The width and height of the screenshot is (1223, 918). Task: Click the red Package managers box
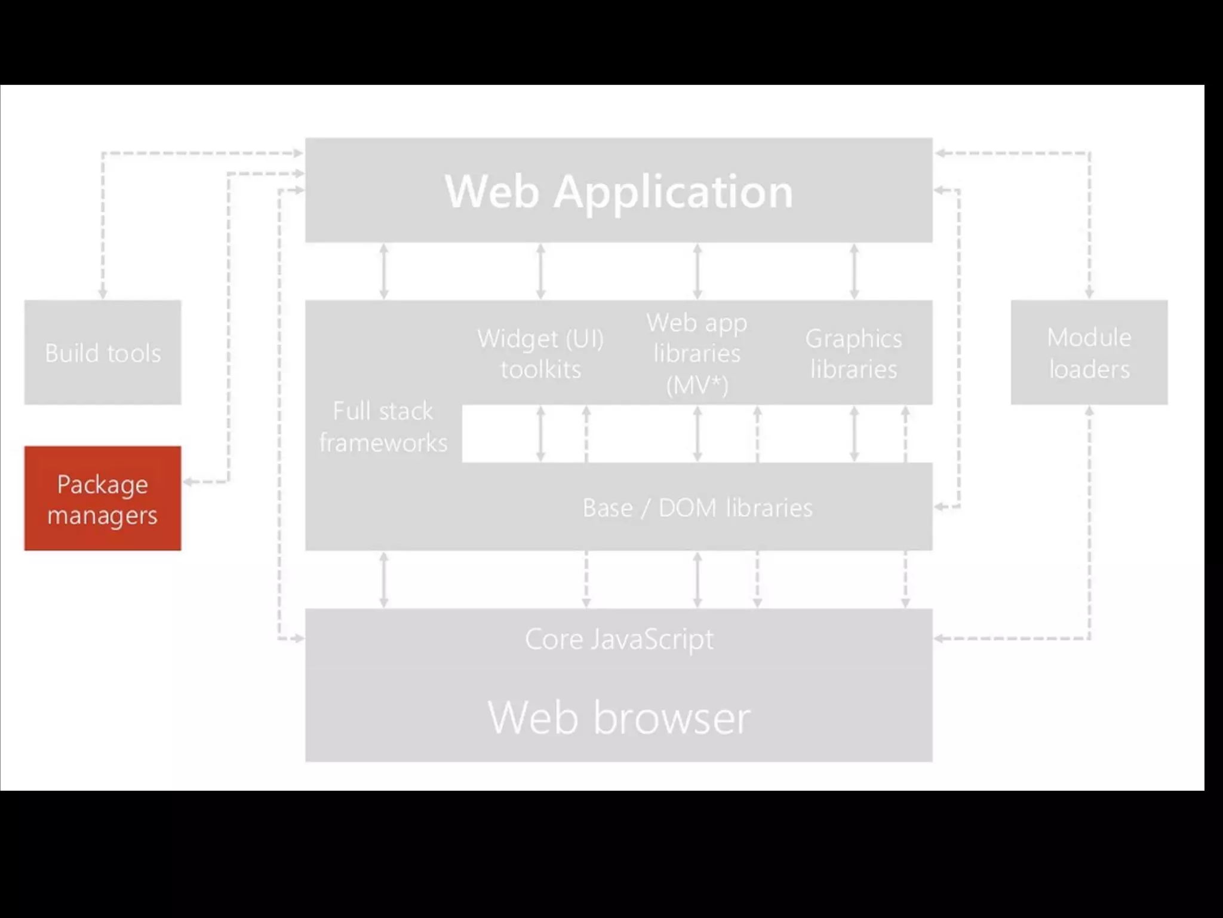tap(103, 498)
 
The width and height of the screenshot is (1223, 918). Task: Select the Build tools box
tap(103, 353)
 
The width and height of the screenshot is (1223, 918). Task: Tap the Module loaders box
tap(1089, 353)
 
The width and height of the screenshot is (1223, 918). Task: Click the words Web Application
tap(619, 191)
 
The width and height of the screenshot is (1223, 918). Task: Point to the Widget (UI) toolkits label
tap(540, 354)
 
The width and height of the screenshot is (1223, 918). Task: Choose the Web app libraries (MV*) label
tap(697, 354)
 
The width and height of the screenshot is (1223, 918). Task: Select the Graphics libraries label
tap(853, 354)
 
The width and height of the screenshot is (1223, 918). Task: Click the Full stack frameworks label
tap(383, 427)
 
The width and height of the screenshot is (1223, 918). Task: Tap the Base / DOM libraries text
tap(697, 508)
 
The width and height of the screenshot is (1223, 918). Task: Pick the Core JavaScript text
tap(619, 639)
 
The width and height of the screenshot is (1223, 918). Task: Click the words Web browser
tap(619, 717)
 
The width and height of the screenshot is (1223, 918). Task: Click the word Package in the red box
tap(103, 484)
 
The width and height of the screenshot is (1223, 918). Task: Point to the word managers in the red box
tap(103, 515)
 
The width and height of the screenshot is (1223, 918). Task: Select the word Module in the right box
tap(1089, 338)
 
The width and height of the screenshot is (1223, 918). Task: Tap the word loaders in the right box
tap(1089, 369)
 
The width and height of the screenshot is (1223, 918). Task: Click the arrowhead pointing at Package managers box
tap(188, 481)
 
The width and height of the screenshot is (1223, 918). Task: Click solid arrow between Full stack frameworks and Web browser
tap(384, 579)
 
